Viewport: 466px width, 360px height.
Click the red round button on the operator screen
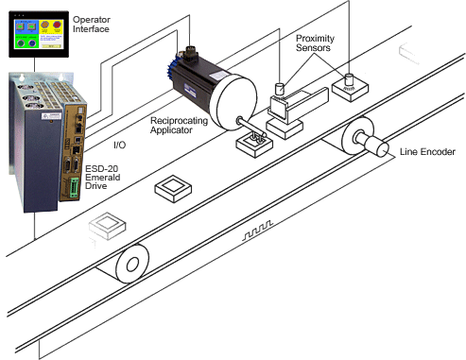pyautogui.click(x=57, y=26)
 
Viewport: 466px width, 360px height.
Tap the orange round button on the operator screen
pyautogui.click(x=45, y=25)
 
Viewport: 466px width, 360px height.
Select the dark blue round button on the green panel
pyautogui.click(x=32, y=43)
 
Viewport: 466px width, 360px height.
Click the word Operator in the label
pyautogui.click(x=92, y=20)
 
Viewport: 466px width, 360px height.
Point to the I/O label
pyautogui.click(x=119, y=145)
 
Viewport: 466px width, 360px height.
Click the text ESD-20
pyautogui.click(x=101, y=168)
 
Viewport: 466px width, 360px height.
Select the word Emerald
pyautogui.click(x=103, y=177)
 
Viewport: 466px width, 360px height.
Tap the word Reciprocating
pyautogui.click(x=179, y=121)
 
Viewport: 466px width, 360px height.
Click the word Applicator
pyautogui.click(x=171, y=129)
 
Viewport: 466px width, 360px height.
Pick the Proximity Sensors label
pyautogui.click(x=315, y=43)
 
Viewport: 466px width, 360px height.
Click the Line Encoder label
pyautogui.click(x=427, y=152)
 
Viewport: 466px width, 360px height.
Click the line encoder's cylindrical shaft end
pyautogui.click(x=382, y=149)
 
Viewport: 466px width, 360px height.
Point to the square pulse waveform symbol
pyautogui.click(x=257, y=231)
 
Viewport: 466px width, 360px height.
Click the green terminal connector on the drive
pyautogui.click(x=75, y=188)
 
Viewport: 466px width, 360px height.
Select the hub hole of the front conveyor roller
pyautogui.click(x=132, y=264)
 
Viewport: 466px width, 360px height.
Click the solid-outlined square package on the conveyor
pyautogui.click(x=173, y=188)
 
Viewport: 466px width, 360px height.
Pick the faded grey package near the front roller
pyautogui.click(x=108, y=226)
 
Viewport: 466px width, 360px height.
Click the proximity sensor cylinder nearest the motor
pyautogui.click(x=280, y=89)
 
